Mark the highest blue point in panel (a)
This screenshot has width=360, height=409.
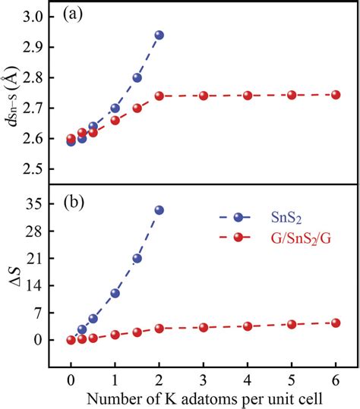click(159, 35)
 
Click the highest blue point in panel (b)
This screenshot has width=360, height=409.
click(159, 210)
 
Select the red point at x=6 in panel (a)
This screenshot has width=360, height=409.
click(335, 95)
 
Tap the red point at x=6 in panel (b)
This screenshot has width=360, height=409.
click(335, 322)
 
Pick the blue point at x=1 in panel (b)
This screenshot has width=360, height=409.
click(115, 293)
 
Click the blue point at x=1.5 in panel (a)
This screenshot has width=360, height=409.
click(137, 77)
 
